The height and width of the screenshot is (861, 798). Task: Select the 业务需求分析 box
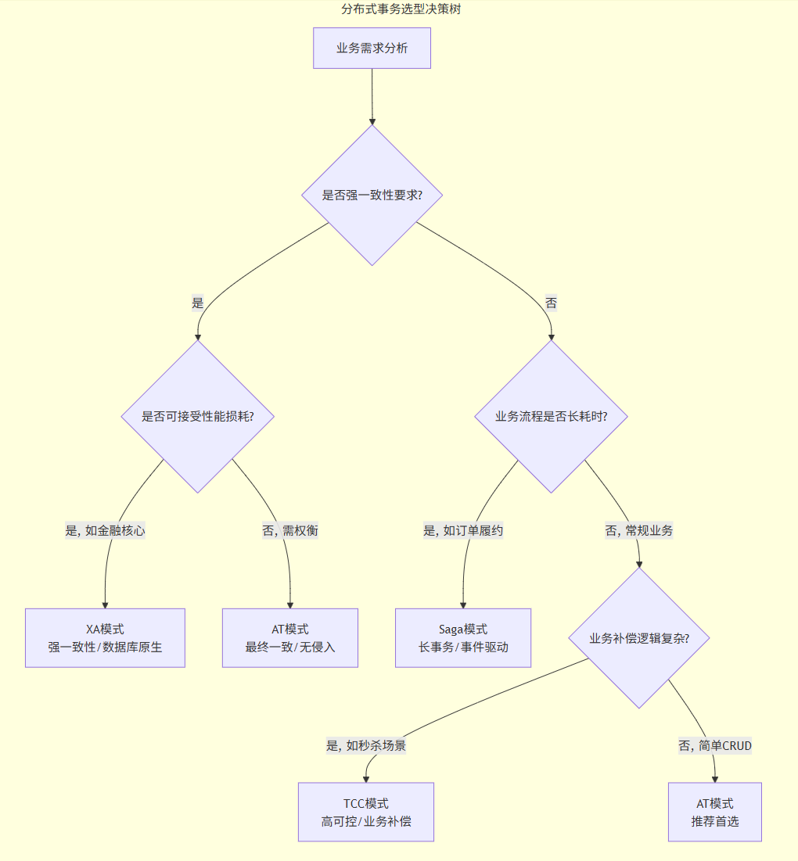[372, 48]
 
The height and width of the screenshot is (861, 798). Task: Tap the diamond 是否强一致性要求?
[372, 195]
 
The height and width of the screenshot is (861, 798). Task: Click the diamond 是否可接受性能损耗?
[197, 416]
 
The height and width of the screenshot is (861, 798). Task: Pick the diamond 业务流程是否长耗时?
[551, 416]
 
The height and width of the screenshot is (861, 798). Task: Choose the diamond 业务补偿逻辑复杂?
[639, 638]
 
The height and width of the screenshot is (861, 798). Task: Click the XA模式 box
[105, 638]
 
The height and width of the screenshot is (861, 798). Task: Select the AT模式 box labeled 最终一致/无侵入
[289, 638]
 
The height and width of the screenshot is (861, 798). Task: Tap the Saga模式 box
[463, 638]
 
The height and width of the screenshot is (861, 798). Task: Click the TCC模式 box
[365, 812]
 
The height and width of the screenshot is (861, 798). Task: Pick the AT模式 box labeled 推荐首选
[714, 812]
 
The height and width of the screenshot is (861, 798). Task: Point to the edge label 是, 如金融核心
[105, 530]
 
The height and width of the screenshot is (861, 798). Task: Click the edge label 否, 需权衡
[289, 530]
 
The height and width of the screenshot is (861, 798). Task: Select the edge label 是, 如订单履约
[463, 530]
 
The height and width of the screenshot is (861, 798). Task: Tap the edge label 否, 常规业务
[638, 530]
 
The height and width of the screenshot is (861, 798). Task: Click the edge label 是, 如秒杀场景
[365, 745]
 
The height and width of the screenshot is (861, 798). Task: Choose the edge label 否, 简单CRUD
[714, 745]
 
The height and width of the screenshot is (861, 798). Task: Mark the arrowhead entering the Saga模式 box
[463, 604]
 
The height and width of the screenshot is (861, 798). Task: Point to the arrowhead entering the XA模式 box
[105, 604]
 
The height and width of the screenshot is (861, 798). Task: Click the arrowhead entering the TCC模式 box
[365, 778]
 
